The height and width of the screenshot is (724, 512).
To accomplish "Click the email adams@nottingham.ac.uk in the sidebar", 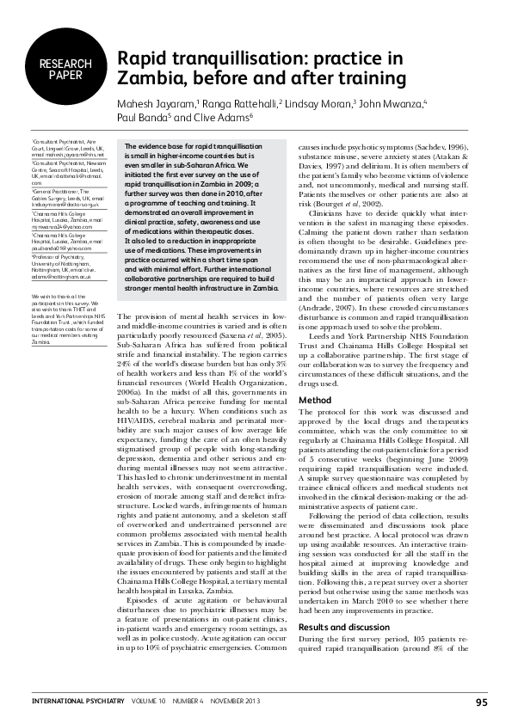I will click(60, 278).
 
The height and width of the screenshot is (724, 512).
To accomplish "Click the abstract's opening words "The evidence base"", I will click(154, 148).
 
